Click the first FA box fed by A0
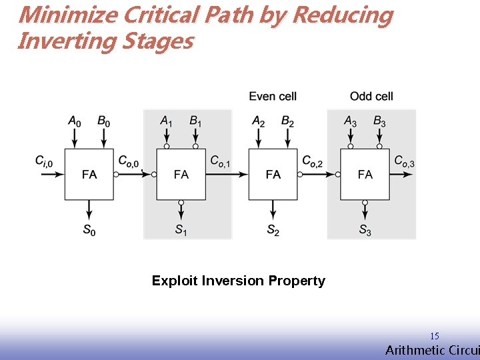89,174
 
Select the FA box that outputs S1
181,174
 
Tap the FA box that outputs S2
273,174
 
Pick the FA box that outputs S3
365,174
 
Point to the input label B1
195,121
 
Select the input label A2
259,121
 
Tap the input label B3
379,121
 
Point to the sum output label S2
273,230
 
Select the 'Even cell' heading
273,97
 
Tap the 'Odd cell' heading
371,97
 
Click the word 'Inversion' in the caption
236,281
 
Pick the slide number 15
434,336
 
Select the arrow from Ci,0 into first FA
52,174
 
